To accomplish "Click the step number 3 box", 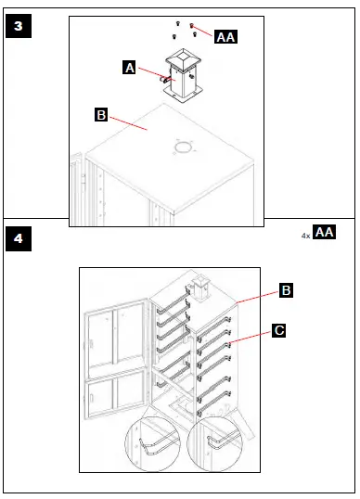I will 19,26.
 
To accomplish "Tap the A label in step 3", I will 130,67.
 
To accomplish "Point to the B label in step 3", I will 102,116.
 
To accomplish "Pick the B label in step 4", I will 288,291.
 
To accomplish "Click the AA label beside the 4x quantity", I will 325,232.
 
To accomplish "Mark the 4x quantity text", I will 305,236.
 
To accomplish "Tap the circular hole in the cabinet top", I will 183,148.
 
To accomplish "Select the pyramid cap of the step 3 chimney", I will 183,60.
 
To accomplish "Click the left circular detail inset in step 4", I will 155,447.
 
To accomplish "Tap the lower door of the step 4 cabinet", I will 115,405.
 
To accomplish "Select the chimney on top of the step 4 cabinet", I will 199,288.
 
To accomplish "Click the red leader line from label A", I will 150,74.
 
